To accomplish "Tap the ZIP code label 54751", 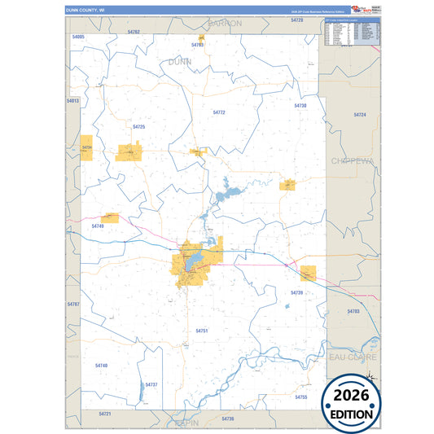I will (x=202, y=331).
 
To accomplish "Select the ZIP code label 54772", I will (x=219, y=112).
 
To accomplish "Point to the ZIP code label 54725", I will (x=138, y=127).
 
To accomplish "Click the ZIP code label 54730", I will (x=300, y=106).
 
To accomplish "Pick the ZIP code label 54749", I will (x=98, y=226).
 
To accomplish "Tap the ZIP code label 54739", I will (x=296, y=292).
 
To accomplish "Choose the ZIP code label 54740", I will (x=101, y=366).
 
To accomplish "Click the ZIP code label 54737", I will (x=151, y=384).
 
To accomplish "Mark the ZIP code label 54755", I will (x=300, y=397).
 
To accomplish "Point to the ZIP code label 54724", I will (x=360, y=115).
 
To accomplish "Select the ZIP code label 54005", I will (x=78, y=37).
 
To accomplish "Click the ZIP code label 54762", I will (x=134, y=32).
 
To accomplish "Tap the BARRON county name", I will (x=225, y=24).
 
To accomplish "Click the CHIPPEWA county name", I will (x=352, y=161).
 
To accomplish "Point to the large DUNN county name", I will (x=180, y=61).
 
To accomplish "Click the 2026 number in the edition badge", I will (x=350, y=396).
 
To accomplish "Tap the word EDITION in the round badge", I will (x=350, y=414).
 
